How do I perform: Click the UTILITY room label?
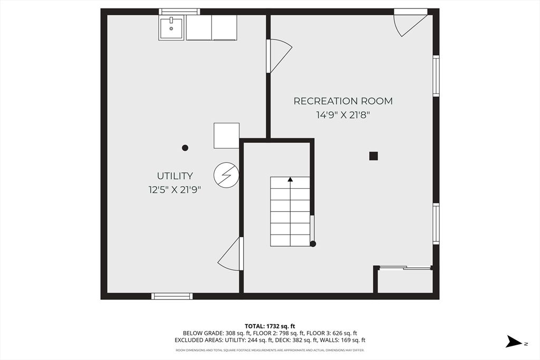[x=175, y=176]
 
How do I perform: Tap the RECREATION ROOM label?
[x=343, y=101]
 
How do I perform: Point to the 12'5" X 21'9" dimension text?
[x=175, y=190]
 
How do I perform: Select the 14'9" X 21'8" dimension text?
[x=343, y=115]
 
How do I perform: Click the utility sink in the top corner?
[x=171, y=28]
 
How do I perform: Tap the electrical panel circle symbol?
[x=226, y=175]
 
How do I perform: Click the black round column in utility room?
[x=185, y=148]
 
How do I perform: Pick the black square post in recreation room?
[x=373, y=156]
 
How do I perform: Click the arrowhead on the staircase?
[x=291, y=179]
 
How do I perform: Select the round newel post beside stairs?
[x=313, y=244]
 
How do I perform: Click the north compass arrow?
[x=514, y=342]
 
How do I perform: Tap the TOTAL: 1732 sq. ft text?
[x=270, y=326]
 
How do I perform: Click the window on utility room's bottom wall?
[x=172, y=296]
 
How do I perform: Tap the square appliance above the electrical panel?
[x=226, y=135]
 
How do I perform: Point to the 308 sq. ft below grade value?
[x=233, y=333]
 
